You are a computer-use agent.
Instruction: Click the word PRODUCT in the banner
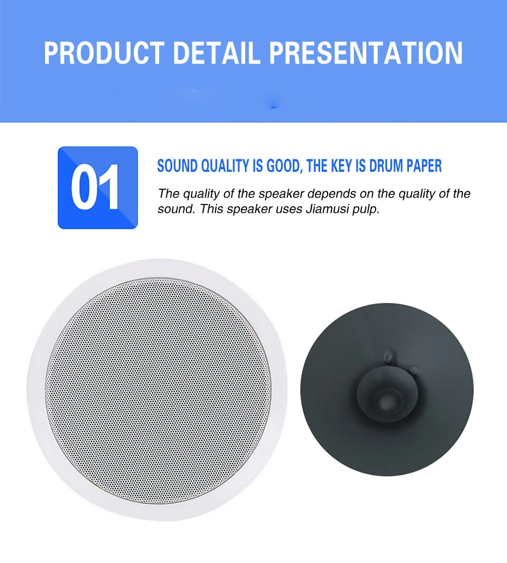103,53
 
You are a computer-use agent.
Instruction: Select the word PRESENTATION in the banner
366,53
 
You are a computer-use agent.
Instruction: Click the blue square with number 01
98,187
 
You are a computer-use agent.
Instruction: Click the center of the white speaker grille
158,390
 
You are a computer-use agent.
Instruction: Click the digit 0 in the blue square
86,188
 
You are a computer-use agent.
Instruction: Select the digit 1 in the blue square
111,188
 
